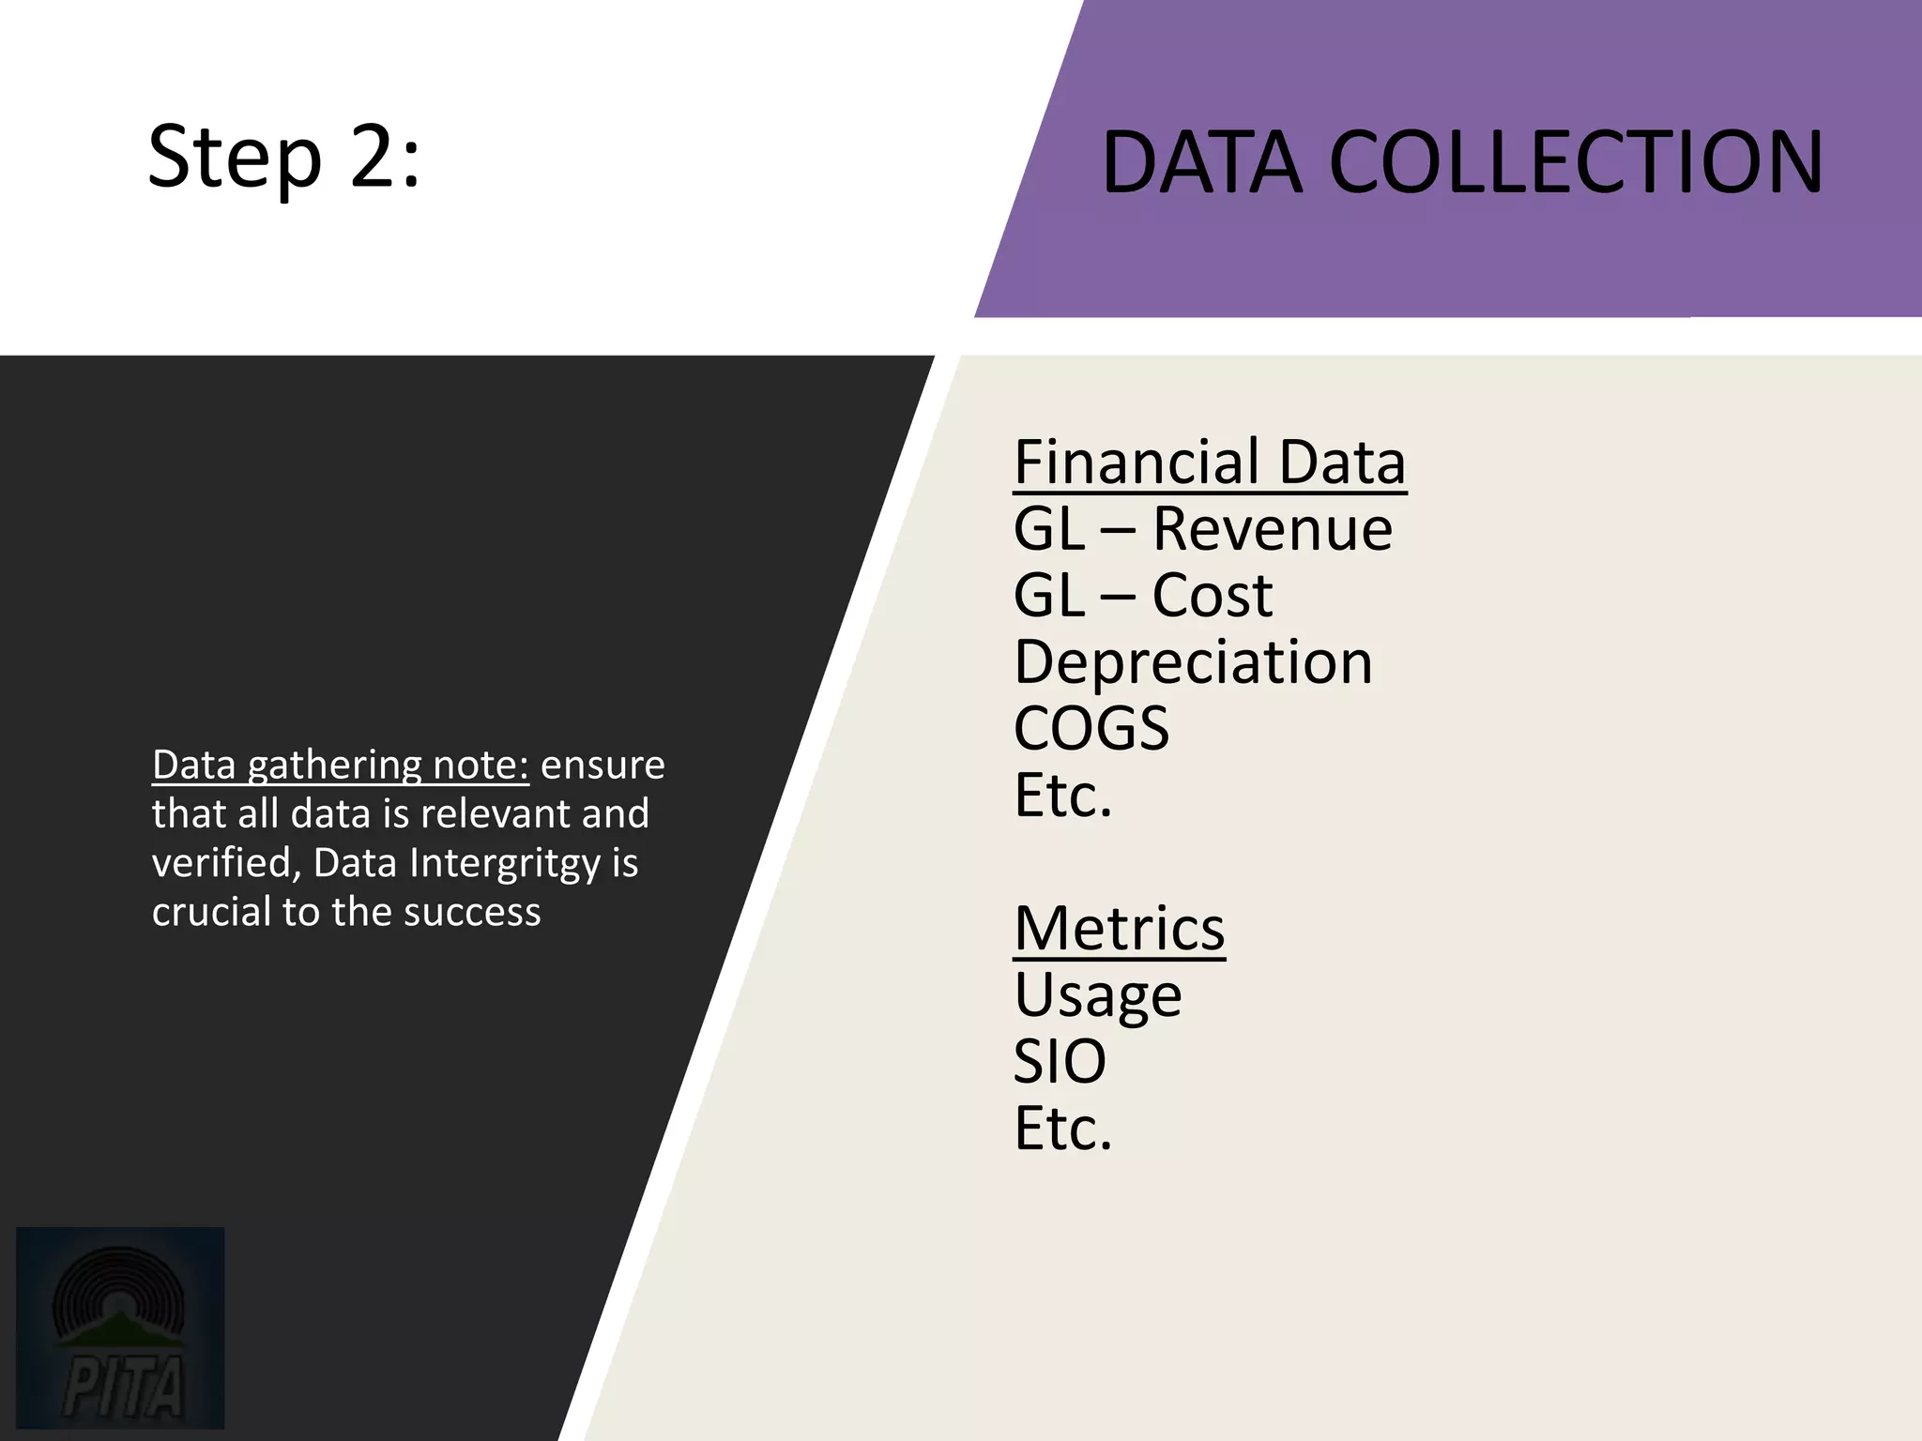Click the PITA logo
(x=120, y=1327)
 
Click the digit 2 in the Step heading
(x=373, y=157)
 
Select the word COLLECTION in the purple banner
(x=1576, y=163)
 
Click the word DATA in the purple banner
(x=1202, y=163)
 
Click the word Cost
(x=1212, y=596)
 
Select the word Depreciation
(x=1193, y=662)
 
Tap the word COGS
(x=1091, y=729)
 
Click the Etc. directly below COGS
(x=1062, y=796)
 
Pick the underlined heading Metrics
(x=1119, y=929)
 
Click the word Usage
(x=1097, y=996)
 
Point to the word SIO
(x=1060, y=1062)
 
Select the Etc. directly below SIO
(x=1062, y=1129)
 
